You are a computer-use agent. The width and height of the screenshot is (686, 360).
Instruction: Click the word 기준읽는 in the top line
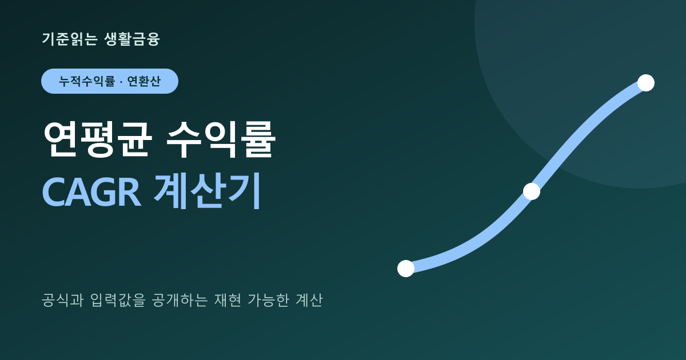(x=70, y=39)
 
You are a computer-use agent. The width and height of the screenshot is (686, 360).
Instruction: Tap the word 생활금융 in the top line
(x=132, y=39)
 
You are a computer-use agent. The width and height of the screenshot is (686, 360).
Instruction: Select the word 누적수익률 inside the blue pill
(x=87, y=81)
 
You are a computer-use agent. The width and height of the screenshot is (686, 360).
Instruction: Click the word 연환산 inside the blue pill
(x=143, y=81)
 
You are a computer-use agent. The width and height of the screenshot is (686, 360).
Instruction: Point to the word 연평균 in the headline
(x=98, y=139)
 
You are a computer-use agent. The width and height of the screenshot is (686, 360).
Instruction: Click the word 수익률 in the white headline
(x=221, y=139)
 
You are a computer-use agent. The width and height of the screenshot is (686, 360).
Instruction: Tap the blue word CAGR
(x=92, y=192)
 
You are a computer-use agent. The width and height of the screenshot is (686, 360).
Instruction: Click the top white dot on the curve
(x=646, y=83)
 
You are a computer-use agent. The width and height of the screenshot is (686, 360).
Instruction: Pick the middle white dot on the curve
(x=532, y=191)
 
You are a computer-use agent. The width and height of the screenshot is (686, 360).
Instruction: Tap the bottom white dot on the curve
(x=406, y=269)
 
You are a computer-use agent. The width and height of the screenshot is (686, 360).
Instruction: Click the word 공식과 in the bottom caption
(x=62, y=300)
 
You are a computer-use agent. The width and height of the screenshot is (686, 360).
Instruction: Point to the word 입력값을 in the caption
(x=118, y=300)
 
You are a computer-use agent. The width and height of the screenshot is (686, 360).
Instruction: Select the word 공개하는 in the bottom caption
(x=180, y=300)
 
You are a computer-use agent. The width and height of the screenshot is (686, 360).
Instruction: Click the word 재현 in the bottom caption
(x=228, y=300)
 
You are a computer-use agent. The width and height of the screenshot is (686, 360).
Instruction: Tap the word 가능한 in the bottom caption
(x=268, y=300)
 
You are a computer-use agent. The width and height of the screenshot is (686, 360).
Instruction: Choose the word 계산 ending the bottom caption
(x=309, y=300)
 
